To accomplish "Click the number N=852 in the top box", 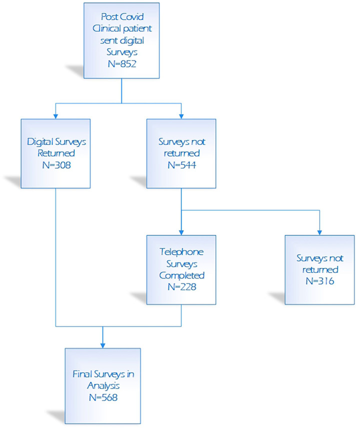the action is point(121,64).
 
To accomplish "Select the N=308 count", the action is point(56,165).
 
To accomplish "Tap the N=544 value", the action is point(182,165).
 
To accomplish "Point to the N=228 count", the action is point(182,287).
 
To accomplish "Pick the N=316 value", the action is point(320,281).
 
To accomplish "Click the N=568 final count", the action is point(103,397).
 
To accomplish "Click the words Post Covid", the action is point(122,17).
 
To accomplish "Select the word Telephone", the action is point(181,252).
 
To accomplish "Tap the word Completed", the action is point(182,275).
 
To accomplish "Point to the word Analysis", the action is point(103,386).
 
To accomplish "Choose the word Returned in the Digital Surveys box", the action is point(56,153).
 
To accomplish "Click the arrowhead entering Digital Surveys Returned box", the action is point(55,116).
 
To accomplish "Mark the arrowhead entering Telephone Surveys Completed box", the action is point(181,232).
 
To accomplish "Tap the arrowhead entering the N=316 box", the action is point(319,232).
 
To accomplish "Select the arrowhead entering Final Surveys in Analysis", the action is point(103,345).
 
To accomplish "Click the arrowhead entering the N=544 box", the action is point(181,116).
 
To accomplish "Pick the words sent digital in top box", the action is point(122,40).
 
